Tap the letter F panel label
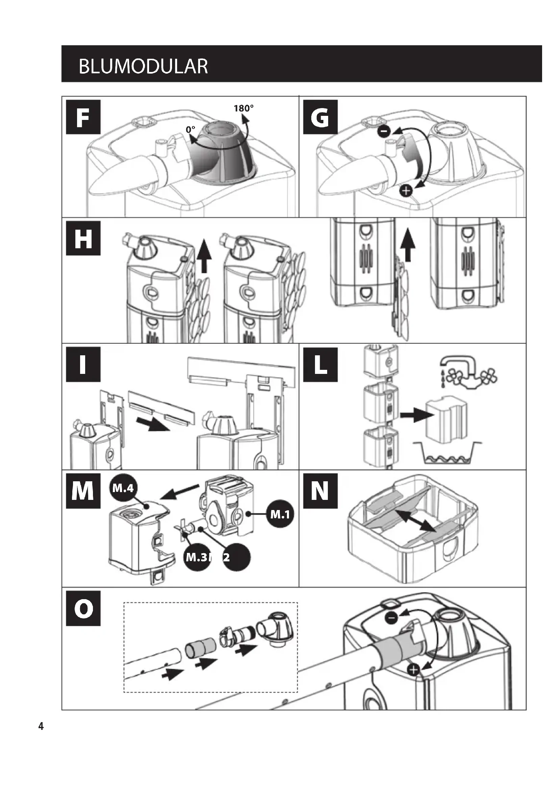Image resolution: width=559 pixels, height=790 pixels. (83, 117)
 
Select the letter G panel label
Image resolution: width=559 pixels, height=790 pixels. (320, 117)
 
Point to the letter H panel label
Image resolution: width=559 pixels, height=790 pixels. (83, 238)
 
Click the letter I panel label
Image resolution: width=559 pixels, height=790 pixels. (83, 364)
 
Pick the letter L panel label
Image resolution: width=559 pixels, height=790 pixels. (320, 364)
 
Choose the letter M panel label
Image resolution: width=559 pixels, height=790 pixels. (83, 491)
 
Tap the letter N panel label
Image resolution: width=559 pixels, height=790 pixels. (320, 491)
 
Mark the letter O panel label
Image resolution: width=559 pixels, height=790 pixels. (83, 608)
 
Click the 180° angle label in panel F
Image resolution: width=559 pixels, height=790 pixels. (243, 108)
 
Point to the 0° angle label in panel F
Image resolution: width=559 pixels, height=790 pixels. (190, 129)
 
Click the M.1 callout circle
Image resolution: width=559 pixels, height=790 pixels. (280, 514)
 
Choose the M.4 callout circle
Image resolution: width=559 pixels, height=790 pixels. (123, 488)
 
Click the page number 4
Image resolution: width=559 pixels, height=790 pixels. (41, 727)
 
